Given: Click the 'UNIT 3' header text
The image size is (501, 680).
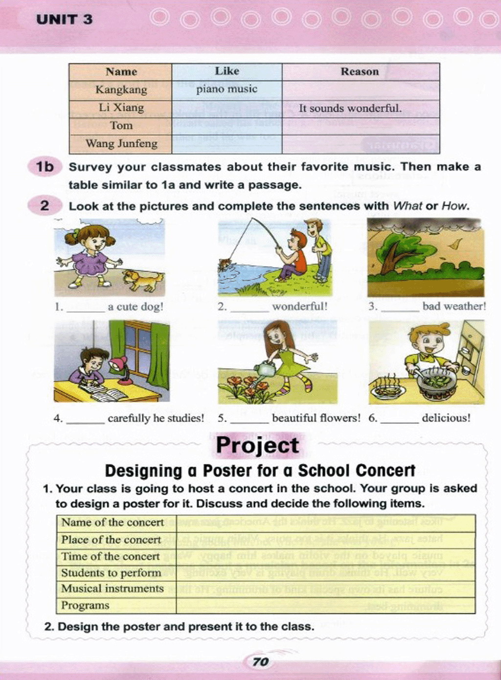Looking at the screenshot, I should click(x=64, y=20).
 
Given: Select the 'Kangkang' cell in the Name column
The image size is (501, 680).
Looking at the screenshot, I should click(x=121, y=90).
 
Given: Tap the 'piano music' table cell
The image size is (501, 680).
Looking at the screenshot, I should click(x=227, y=89).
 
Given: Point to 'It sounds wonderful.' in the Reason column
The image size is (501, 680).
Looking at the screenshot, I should click(x=350, y=108).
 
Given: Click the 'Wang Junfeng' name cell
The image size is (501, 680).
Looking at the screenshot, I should click(x=121, y=143).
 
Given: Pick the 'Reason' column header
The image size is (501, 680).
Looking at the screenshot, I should click(x=360, y=71).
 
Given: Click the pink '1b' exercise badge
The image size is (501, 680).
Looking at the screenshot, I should click(x=45, y=167).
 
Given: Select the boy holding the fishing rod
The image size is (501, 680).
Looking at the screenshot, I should click(x=293, y=254).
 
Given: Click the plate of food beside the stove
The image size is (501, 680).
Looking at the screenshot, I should click(x=387, y=389).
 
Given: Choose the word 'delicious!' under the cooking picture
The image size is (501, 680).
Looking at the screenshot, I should click(x=446, y=418).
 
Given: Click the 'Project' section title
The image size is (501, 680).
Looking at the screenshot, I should click(x=257, y=445).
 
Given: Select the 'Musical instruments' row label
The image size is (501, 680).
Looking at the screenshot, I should click(x=112, y=589).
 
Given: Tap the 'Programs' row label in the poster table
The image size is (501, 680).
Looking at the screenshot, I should click(x=85, y=605).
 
